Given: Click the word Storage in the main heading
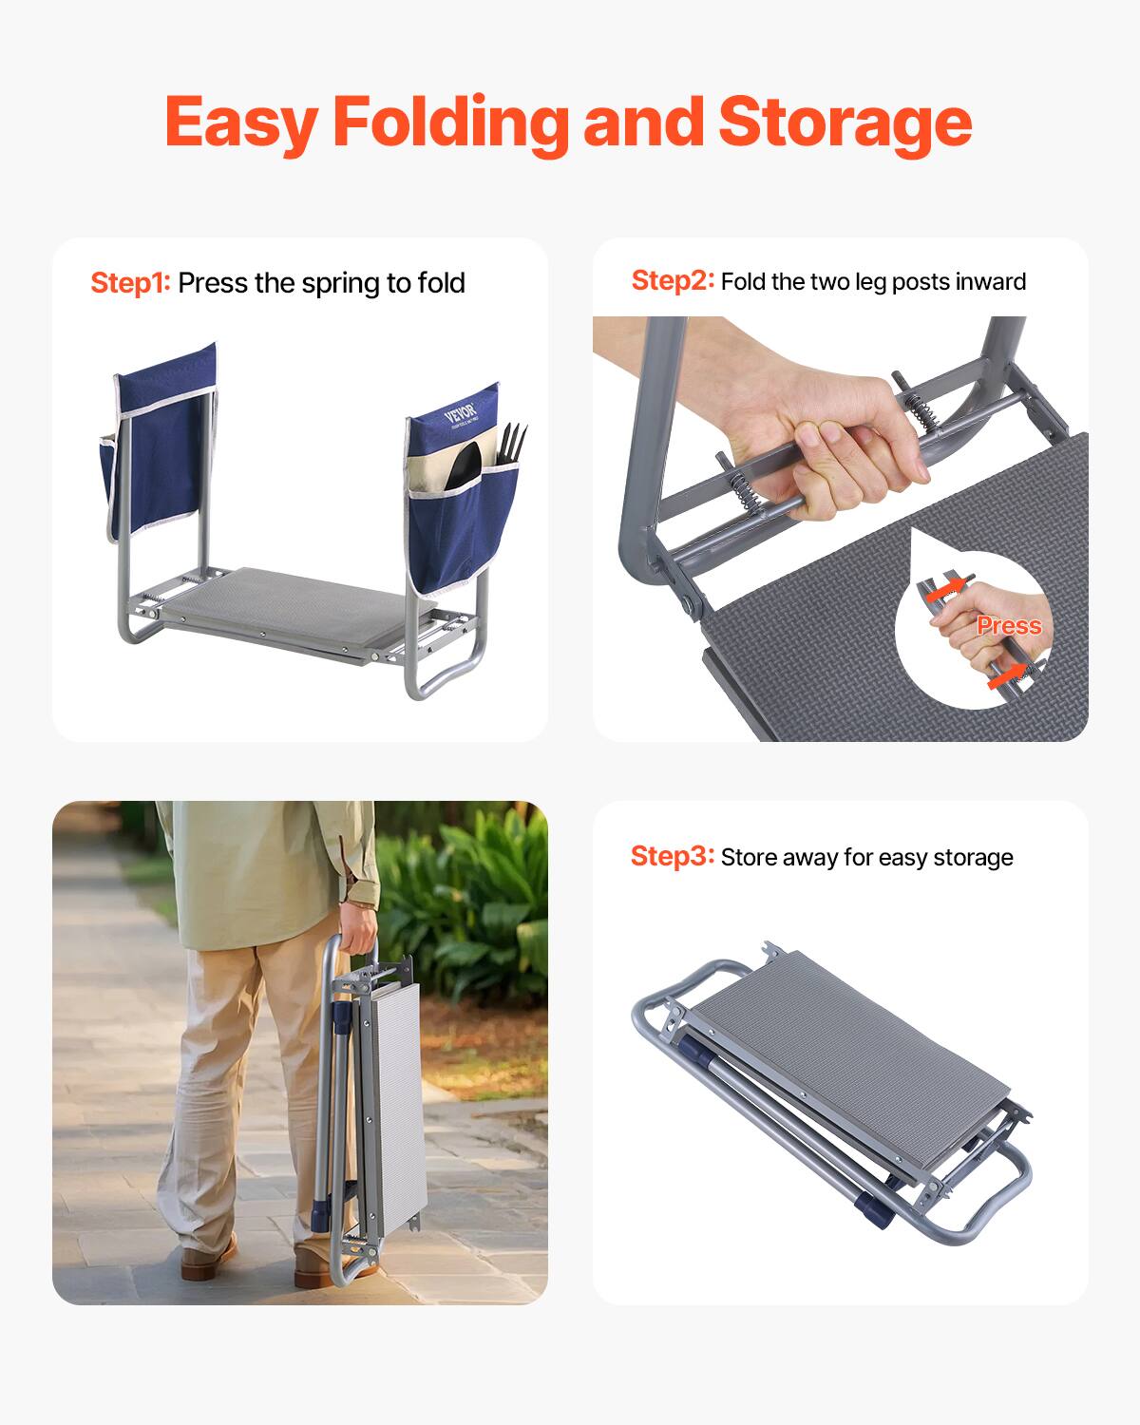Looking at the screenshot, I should click(845, 123).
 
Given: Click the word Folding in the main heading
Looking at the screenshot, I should click(450, 123).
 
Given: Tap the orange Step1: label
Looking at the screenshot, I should click(130, 283).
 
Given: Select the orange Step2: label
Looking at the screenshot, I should click(672, 281).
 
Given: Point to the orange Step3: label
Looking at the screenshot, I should click(672, 856).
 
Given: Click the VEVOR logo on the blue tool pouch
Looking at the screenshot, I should click(462, 411).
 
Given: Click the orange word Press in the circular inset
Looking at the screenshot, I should click(1009, 625).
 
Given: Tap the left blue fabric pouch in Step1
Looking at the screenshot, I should click(160, 456).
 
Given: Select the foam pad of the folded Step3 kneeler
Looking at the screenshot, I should click(845, 1045).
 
